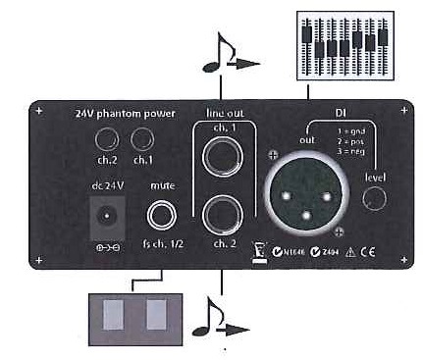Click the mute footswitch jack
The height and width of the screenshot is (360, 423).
click(161, 212)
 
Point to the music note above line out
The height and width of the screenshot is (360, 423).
click(215, 56)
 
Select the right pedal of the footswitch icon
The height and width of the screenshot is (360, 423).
click(154, 319)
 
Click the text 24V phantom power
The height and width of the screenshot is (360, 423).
click(124, 113)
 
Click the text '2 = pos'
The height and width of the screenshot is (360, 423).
click(345, 143)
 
